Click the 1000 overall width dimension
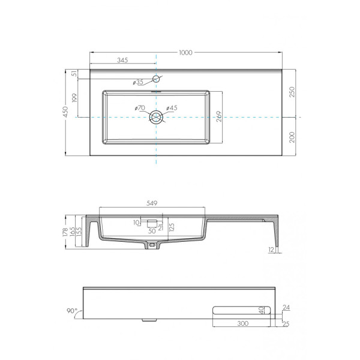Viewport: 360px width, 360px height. pos(185,53)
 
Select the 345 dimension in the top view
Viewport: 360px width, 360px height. pos(122,60)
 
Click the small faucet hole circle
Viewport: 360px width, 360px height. pos(156,79)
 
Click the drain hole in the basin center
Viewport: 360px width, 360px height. pos(156,117)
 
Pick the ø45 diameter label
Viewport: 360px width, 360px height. pos(172,108)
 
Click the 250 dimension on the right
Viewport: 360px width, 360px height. pos(292,92)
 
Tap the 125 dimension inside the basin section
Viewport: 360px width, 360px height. pos(172,227)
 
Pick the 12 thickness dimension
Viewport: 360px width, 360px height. pos(271,249)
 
